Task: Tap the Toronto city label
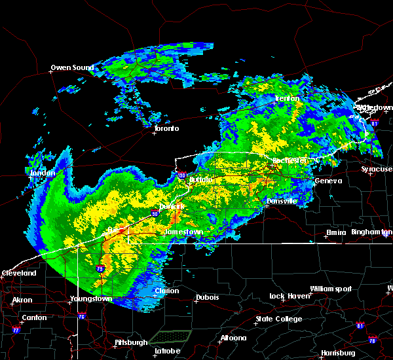[x=166, y=128]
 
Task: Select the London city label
[x=42, y=173]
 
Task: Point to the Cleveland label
[x=18, y=273]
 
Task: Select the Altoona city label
[x=233, y=338]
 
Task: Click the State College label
[x=279, y=319]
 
